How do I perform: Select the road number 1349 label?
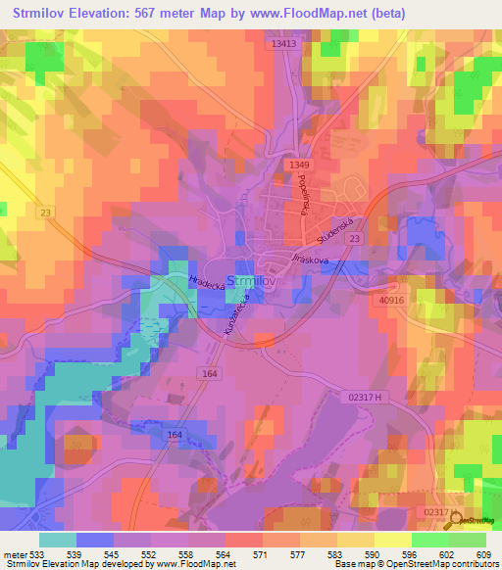pos(299,165)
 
